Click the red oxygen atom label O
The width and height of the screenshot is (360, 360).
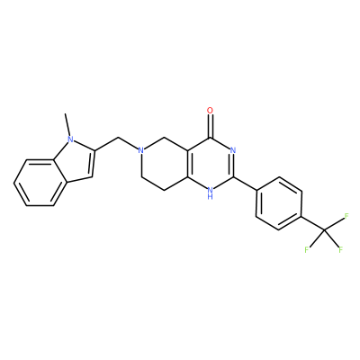point(211,111)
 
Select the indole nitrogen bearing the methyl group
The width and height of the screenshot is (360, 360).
point(70,139)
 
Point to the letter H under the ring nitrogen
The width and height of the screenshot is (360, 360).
point(211,197)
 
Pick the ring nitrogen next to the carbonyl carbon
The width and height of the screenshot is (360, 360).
point(233,150)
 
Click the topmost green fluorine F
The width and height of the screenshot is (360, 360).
point(346,216)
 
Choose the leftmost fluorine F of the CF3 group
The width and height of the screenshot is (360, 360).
point(307,249)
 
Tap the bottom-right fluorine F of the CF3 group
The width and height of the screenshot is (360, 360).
point(340,249)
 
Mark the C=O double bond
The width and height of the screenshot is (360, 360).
point(211,126)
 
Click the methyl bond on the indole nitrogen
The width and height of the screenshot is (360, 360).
point(67,125)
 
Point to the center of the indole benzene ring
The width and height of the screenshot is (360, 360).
point(40,183)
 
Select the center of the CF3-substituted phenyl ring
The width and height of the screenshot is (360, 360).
point(279,204)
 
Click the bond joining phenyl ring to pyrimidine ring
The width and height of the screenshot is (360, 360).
point(245,184)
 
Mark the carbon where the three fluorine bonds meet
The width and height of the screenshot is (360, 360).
point(325,229)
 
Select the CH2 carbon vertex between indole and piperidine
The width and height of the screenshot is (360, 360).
point(118,138)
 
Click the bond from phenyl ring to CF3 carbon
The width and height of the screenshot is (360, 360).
point(313,223)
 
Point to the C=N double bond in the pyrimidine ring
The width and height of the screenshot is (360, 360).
point(234,166)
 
